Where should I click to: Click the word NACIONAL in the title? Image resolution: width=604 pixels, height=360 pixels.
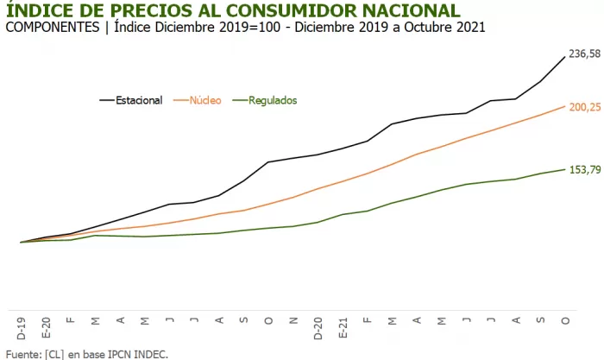pyautogui.click(x=410, y=10)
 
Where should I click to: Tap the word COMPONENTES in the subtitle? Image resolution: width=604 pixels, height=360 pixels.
pyautogui.click(x=53, y=27)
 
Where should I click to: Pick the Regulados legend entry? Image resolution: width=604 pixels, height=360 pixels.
pyautogui.click(x=272, y=100)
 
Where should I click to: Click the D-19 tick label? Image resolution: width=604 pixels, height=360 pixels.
pyautogui.click(x=21, y=325)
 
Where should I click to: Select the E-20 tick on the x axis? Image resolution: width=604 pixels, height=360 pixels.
pyautogui.click(x=46, y=325)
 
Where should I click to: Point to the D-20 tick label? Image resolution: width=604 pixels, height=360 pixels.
pyautogui.click(x=318, y=325)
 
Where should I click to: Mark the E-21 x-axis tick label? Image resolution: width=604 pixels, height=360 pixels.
pyautogui.click(x=343, y=325)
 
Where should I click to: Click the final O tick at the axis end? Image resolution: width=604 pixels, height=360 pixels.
pyautogui.click(x=566, y=321)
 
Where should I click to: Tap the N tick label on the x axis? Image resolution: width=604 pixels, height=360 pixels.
pyautogui.click(x=293, y=321)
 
